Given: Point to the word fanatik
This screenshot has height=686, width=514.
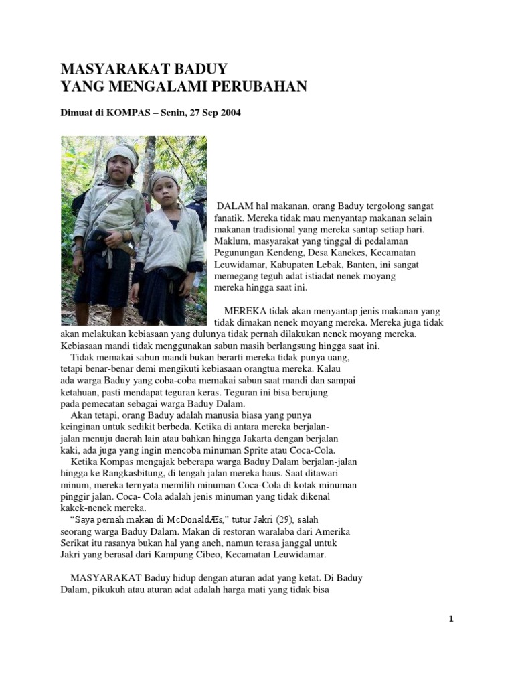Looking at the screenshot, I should pyautogui.click(x=232, y=218).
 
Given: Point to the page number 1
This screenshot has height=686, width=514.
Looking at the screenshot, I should pyautogui.click(x=452, y=619).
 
